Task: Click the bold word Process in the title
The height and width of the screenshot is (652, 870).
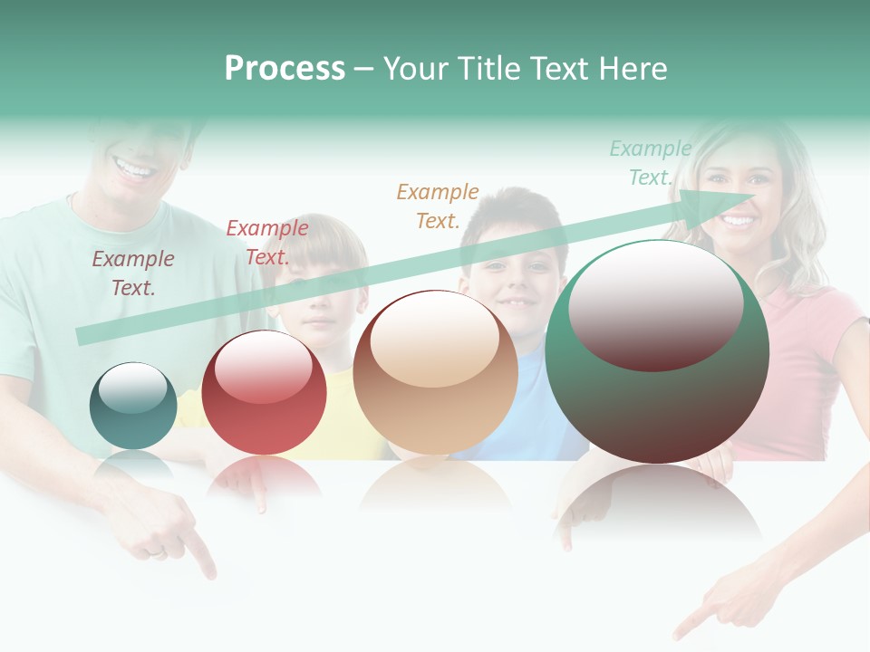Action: coord(285,69)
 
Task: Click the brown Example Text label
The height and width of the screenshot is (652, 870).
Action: coord(132,273)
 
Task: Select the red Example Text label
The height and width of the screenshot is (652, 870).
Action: coord(266,242)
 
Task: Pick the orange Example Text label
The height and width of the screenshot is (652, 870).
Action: coord(437,206)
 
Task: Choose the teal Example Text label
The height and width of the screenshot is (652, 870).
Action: coord(650,163)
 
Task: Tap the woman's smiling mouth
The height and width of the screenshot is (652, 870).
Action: coord(739,220)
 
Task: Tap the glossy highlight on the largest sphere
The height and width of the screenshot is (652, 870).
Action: coord(655,303)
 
